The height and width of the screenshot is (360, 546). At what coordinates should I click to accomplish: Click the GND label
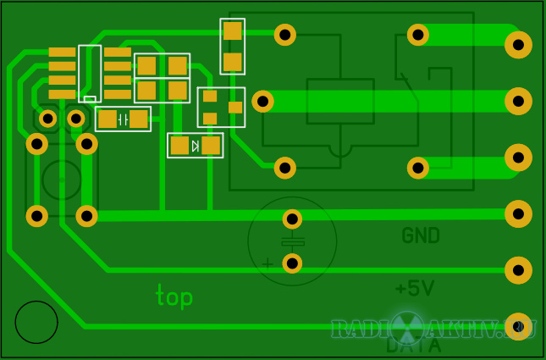(421, 235)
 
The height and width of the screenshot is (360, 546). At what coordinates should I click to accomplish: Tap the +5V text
(415, 289)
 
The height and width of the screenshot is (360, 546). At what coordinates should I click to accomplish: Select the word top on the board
(174, 296)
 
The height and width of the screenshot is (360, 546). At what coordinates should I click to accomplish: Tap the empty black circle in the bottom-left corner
(36, 322)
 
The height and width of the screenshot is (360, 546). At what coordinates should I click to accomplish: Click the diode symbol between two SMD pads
(196, 146)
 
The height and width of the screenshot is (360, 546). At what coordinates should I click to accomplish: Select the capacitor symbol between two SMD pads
(124, 119)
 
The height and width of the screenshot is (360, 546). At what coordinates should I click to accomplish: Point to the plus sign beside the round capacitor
(268, 263)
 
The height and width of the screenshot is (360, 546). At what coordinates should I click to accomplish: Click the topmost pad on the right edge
(518, 45)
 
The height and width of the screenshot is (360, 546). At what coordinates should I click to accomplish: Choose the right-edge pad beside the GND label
(518, 214)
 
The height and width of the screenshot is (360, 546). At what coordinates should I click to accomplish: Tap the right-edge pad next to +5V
(518, 270)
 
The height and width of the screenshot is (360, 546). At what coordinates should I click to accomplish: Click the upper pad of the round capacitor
(292, 219)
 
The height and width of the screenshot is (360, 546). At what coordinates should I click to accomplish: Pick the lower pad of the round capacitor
(292, 263)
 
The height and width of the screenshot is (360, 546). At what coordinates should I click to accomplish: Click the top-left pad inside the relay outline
(285, 35)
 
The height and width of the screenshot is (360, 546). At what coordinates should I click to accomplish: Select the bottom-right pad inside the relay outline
(418, 168)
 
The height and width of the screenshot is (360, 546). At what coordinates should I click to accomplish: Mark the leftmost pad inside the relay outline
(263, 102)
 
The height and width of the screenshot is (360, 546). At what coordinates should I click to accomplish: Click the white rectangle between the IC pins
(90, 99)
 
